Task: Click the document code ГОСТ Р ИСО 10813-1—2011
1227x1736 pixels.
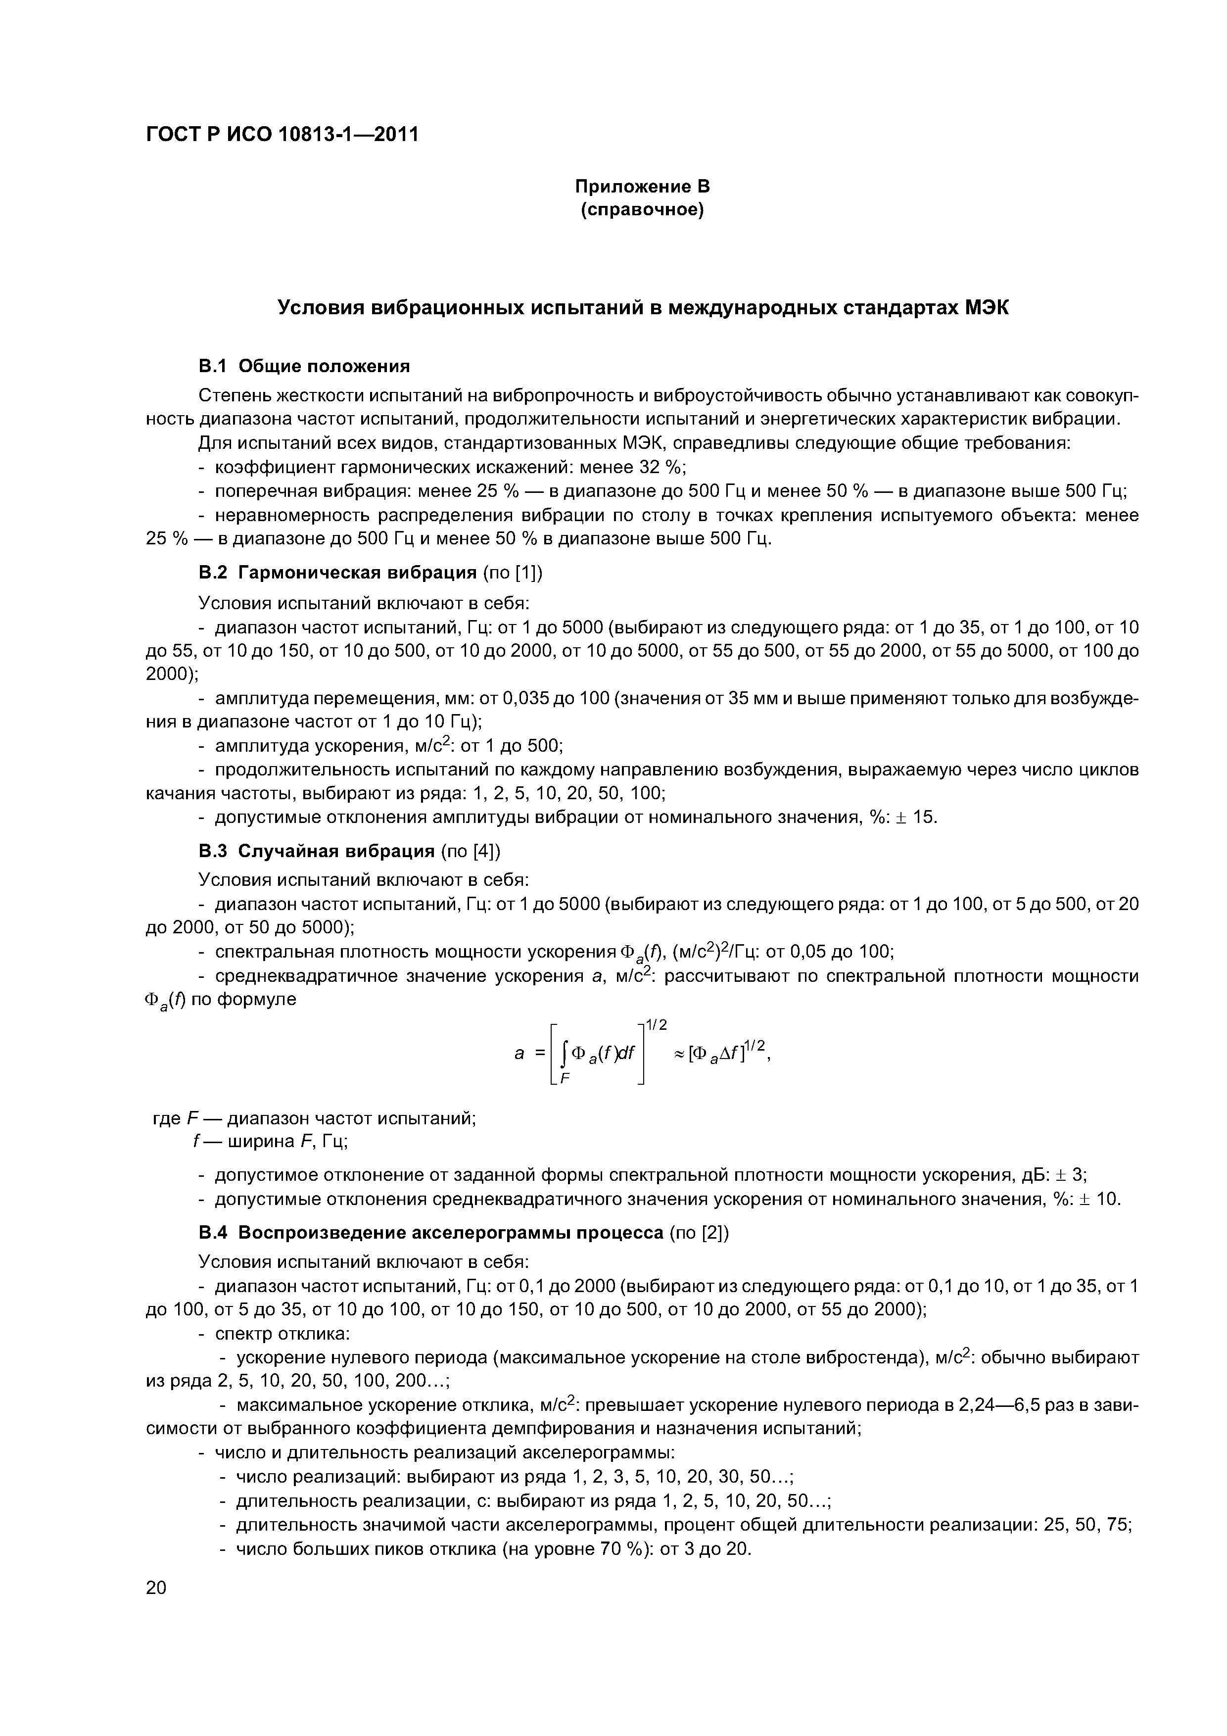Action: (x=281, y=135)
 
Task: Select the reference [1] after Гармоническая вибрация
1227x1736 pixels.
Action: (x=526, y=573)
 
